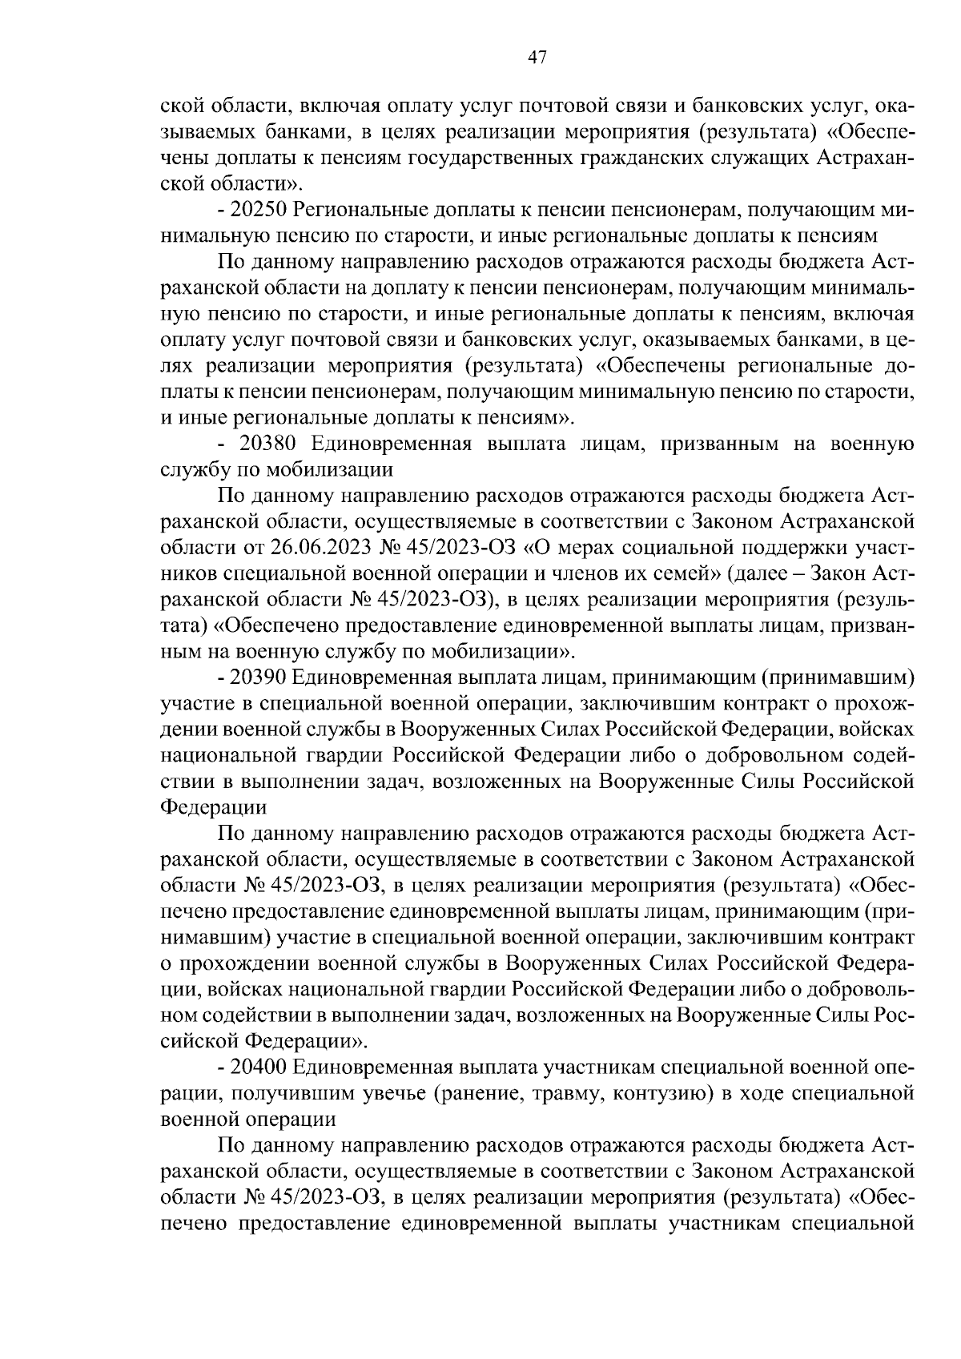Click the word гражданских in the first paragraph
coord(640,158)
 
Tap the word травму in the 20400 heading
coord(565,1093)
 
